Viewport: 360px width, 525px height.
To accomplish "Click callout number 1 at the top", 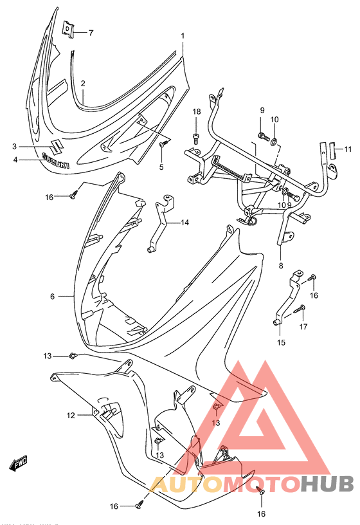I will point(183,35).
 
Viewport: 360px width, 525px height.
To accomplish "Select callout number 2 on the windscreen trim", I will point(83,83).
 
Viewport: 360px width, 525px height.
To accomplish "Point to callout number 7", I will point(91,32).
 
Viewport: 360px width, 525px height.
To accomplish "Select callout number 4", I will point(14,159).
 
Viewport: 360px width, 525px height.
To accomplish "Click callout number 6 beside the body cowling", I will point(52,296).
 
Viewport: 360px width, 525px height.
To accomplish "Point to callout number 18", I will point(196,113).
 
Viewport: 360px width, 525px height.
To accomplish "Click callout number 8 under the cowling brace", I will point(280,265).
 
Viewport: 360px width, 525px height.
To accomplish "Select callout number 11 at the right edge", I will point(348,150).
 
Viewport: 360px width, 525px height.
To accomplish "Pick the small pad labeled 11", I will point(332,151).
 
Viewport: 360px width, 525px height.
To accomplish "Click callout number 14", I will point(184,223).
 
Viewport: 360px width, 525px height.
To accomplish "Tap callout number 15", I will point(280,342).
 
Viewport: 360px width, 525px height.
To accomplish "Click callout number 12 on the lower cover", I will point(71,416).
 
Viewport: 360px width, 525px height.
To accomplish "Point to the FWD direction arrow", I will point(18,463).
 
